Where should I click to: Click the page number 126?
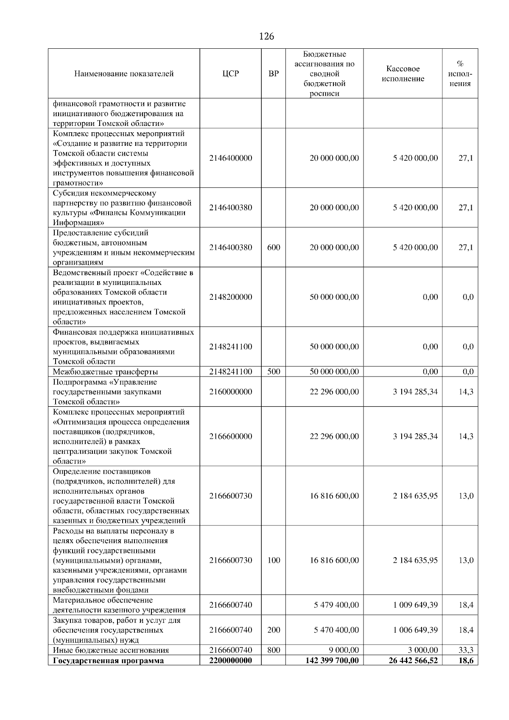pyautogui.click(x=266, y=36)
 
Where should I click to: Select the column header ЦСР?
pyautogui.click(x=230, y=74)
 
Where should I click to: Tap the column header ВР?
pyautogui.click(x=274, y=74)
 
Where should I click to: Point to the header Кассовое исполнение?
pyautogui.click(x=403, y=74)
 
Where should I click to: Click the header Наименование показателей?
pyautogui.click(x=124, y=74)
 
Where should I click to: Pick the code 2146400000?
pyautogui.click(x=230, y=158)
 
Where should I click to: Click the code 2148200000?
pyautogui.click(x=230, y=297)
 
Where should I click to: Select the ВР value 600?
pyautogui.click(x=274, y=247)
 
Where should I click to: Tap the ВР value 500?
pyautogui.click(x=274, y=372)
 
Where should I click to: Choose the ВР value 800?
pyautogui.click(x=274, y=650)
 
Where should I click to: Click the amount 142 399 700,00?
pyautogui.click(x=332, y=660)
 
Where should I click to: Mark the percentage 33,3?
pyautogui.click(x=466, y=650)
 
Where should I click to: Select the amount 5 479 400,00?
pyautogui.click(x=336, y=605)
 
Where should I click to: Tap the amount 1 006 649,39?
pyautogui.click(x=415, y=630)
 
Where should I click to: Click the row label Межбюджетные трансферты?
pyautogui.click(x=105, y=372)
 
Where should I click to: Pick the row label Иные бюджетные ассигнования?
pyautogui.click(x=111, y=650)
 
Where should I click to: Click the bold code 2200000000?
pyautogui.click(x=230, y=660)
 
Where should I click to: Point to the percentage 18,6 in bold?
pyautogui.click(x=466, y=660)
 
